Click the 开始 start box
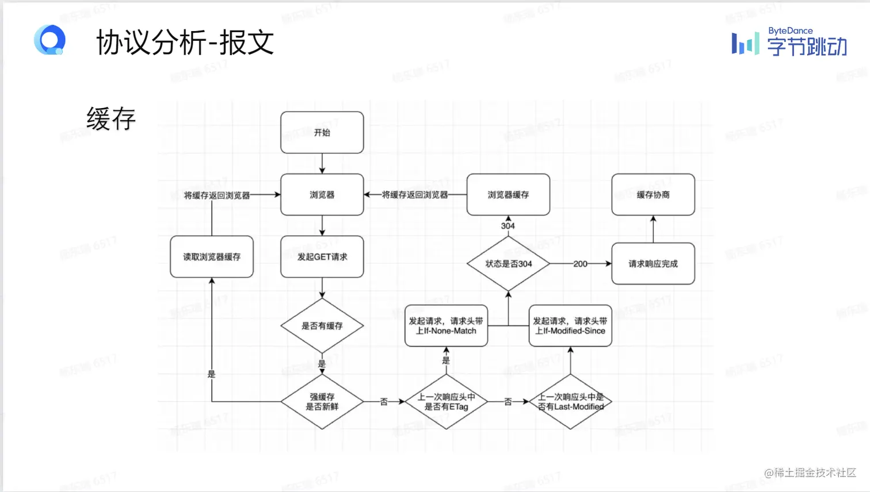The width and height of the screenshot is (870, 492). click(322, 133)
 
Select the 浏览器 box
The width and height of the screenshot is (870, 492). click(322, 195)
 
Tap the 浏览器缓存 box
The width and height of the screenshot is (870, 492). click(508, 195)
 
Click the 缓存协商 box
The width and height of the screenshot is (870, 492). click(653, 195)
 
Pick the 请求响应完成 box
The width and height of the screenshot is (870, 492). click(653, 264)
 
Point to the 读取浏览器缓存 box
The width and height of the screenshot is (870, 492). click(212, 257)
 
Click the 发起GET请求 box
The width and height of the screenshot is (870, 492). click(322, 257)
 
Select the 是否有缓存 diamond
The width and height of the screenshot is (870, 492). click(322, 326)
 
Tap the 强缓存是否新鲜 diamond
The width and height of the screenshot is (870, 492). click(322, 402)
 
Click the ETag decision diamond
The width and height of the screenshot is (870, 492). click(446, 402)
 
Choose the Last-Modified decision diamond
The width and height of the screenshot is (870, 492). click(570, 402)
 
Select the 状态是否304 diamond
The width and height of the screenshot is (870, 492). click(508, 264)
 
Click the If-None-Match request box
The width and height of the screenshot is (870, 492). click(446, 326)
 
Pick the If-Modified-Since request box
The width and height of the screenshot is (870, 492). click(570, 326)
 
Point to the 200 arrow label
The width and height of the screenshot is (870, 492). click(580, 264)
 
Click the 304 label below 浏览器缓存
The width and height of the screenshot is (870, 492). click(507, 226)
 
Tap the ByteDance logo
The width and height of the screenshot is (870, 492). click(789, 43)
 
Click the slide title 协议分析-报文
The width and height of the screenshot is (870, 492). click(185, 43)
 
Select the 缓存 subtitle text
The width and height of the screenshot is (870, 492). click(111, 119)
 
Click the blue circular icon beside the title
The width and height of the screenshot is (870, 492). click(50, 40)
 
